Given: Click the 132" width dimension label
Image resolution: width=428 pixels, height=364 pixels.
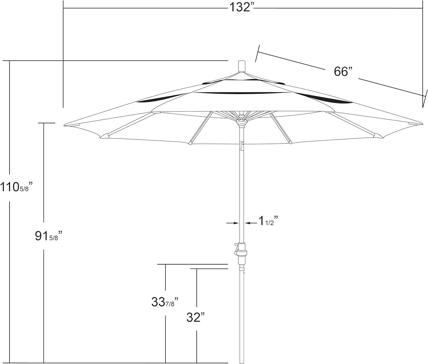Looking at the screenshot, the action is click(x=242, y=8).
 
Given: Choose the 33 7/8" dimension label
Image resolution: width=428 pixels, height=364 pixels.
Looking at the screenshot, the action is click(x=165, y=302).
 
